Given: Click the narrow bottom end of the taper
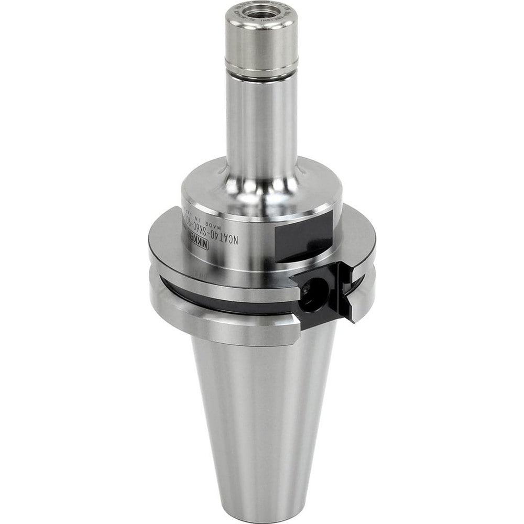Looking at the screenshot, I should [x=262, y=511].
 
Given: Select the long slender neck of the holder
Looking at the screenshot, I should [x=261, y=126].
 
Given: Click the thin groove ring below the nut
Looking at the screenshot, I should [x=261, y=74].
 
